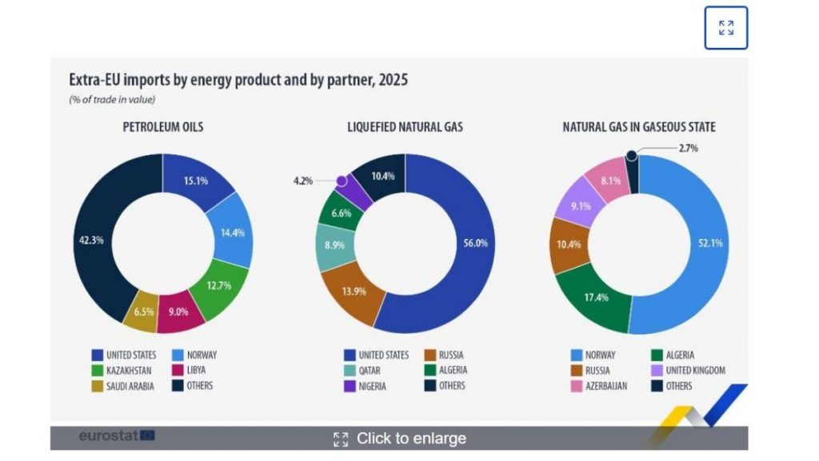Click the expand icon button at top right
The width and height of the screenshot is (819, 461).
[x=725, y=28]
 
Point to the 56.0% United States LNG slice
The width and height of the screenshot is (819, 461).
[x=467, y=244]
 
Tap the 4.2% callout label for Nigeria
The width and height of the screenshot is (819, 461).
[x=303, y=181]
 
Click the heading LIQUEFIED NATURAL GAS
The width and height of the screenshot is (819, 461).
[x=406, y=127]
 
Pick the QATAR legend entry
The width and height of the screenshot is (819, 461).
[x=370, y=370]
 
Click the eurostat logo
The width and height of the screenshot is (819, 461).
[x=116, y=436]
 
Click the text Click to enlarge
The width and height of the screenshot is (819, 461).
[x=410, y=438]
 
